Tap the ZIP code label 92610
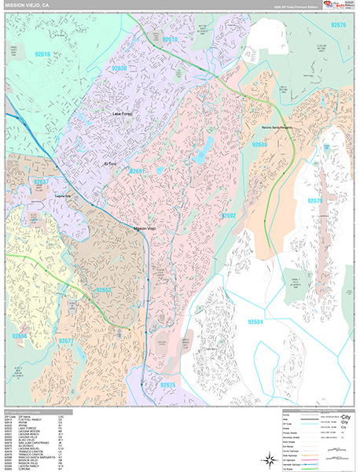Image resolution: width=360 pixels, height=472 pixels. click(x=170, y=39)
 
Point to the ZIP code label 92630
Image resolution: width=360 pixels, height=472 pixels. click(x=119, y=68)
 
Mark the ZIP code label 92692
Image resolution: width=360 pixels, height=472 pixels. click(x=229, y=215)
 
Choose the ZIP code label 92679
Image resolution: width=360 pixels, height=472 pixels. click(x=316, y=201)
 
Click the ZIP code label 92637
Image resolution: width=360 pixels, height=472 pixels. click(x=41, y=182)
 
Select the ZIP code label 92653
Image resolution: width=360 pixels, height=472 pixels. click(x=105, y=290)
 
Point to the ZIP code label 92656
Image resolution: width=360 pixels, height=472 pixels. click(x=19, y=336)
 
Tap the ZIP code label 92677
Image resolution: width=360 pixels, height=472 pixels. click(x=67, y=341)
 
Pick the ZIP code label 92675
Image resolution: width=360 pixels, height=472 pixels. click(x=168, y=385)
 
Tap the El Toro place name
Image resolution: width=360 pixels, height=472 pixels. click(x=116, y=163)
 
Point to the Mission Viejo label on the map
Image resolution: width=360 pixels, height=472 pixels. click(x=145, y=228)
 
